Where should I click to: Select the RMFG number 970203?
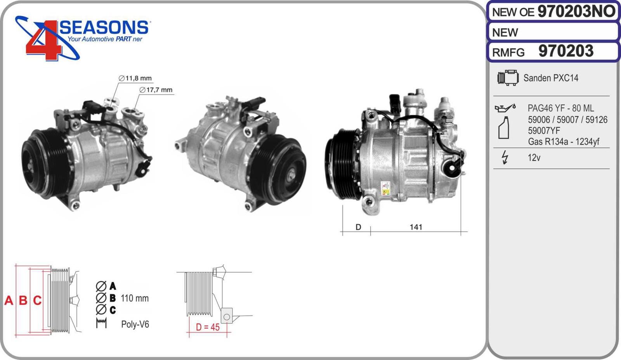(x=565, y=51)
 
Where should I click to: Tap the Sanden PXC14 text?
(x=551, y=78)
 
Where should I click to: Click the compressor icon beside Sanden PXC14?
(x=508, y=78)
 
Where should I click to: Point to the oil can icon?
(x=505, y=108)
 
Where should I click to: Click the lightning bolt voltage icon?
(x=505, y=158)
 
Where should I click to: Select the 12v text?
(x=534, y=158)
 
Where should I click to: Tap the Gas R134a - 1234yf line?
(x=563, y=141)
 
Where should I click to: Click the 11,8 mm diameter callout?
(x=135, y=78)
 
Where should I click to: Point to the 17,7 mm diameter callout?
(x=156, y=90)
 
